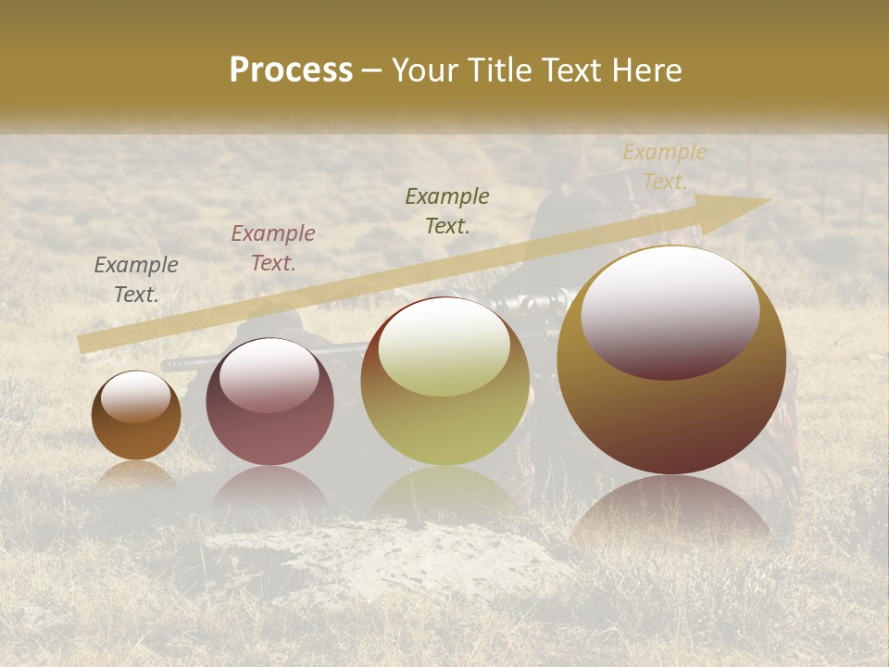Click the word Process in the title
pos(291,70)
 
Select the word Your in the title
pos(425,70)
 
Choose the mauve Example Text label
pos(273,248)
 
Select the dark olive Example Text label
pos(447,211)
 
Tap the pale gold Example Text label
pos(665,167)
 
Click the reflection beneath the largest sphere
pos(671,510)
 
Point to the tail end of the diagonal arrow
pos(85,343)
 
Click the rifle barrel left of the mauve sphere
pos(185,363)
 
